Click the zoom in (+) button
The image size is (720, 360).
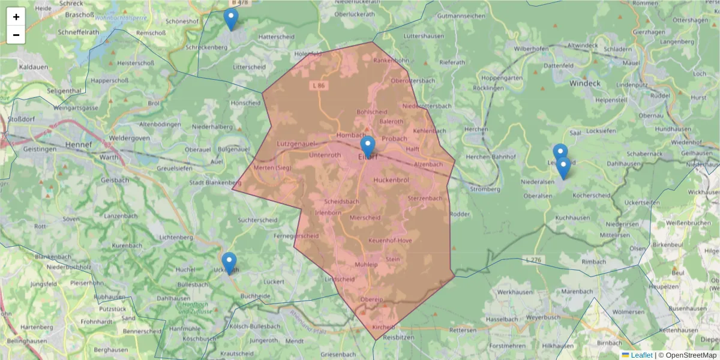click(x=16, y=17)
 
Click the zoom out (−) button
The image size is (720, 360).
click(x=16, y=35)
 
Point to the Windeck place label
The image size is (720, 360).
click(x=584, y=83)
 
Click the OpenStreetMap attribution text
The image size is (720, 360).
click(x=687, y=355)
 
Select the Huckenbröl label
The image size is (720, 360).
click(x=391, y=179)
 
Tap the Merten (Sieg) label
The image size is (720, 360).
click(x=272, y=167)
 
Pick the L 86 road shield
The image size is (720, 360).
click(x=319, y=86)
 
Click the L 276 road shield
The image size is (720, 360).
click(x=533, y=259)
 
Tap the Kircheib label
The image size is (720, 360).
click(x=384, y=327)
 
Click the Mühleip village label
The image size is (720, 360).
click(x=366, y=264)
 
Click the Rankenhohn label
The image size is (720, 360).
click(x=391, y=60)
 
